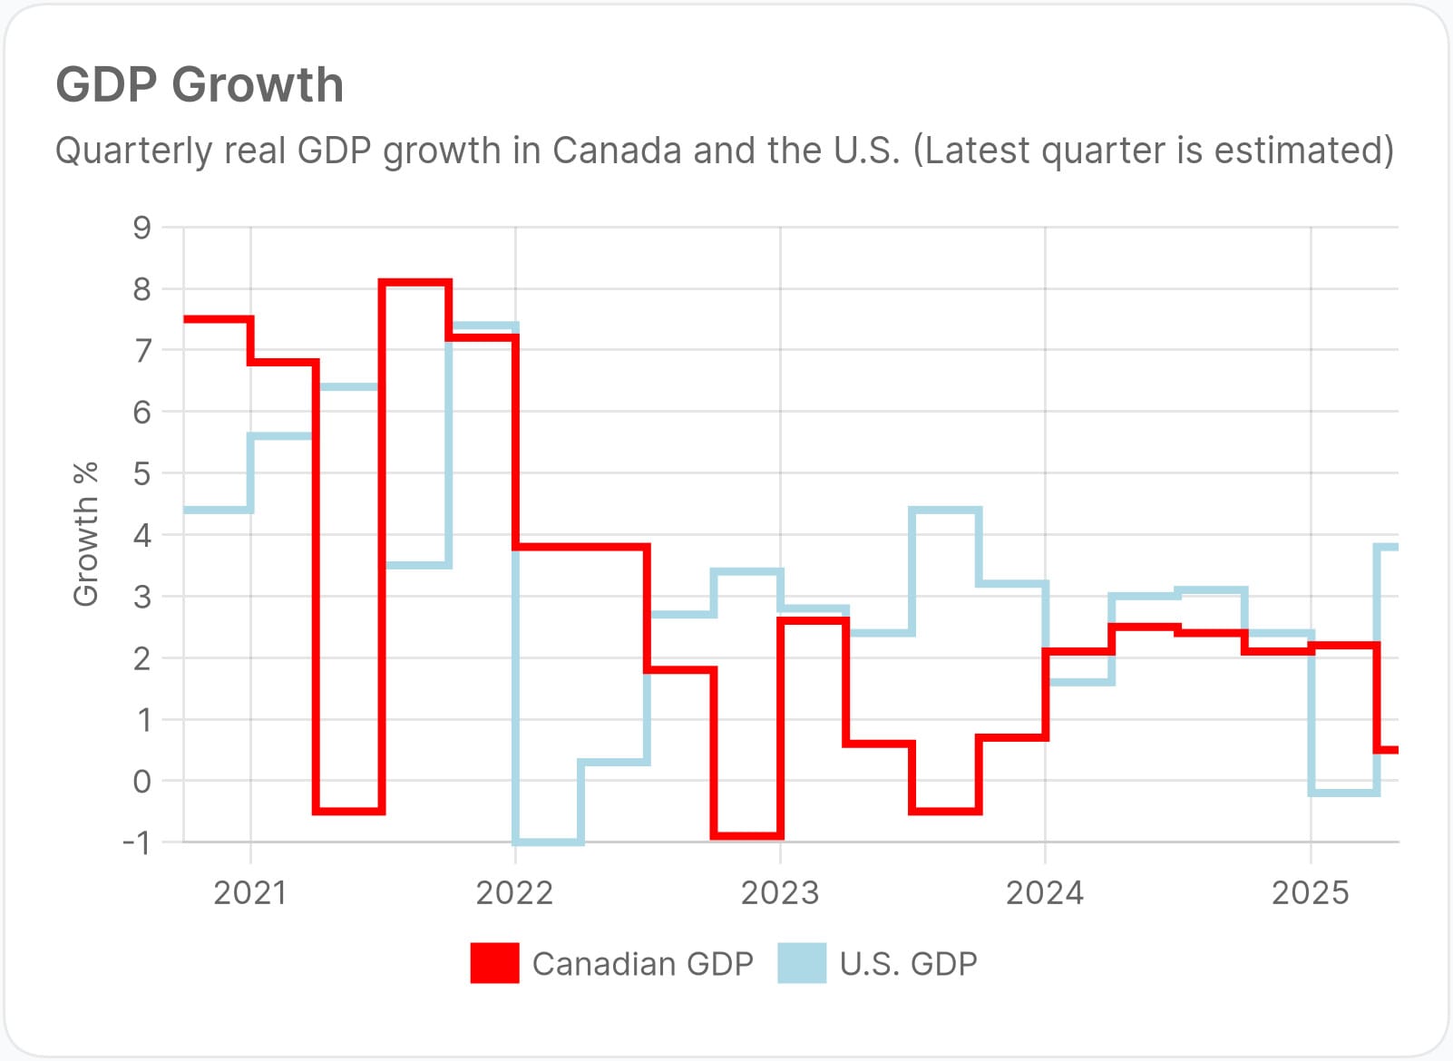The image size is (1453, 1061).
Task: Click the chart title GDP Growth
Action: pyautogui.click(x=200, y=85)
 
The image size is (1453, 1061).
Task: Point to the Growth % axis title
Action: pyautogui.click(x=85, y=534)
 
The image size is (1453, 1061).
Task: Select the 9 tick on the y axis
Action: pyautogui.click(x=141, y=227)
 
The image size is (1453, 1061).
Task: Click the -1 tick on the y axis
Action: pyautogui.click(x=137, y=842)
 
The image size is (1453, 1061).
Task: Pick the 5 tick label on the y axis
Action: pyautogui.click(x=141, y=473)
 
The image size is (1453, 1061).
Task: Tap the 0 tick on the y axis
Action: pyautogui.click(x=141, y=781)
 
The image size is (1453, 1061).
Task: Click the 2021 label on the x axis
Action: pyautogui.click(x=249, y=893)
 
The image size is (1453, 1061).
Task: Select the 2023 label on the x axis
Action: pyautogui.click(x=780, y=893)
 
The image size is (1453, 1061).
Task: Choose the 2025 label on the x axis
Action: pyautogui.click(x=1310, y=893)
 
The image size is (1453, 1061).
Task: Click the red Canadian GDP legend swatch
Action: pyautogui.click(x=494, y=963)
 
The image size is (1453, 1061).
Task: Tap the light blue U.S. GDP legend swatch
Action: pyautogui.click(x=802, y=963)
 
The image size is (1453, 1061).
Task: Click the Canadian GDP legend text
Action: pyautogui.click(x=642, y=963)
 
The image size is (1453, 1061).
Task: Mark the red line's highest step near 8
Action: pyautogui.click(x=415, y=283)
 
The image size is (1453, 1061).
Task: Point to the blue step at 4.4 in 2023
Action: pyautogui.click(x=945, y=511)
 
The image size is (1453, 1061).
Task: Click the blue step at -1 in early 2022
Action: pyautogui.click(x=548, y=842)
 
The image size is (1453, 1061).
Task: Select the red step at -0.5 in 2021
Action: pyautogui.click(x=349, y=812)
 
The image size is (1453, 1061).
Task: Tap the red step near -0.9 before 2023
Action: pyautogui.click(x=747, y=835)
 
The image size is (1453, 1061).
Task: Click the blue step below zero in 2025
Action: pyautogui.click(x=1344, y=793)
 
